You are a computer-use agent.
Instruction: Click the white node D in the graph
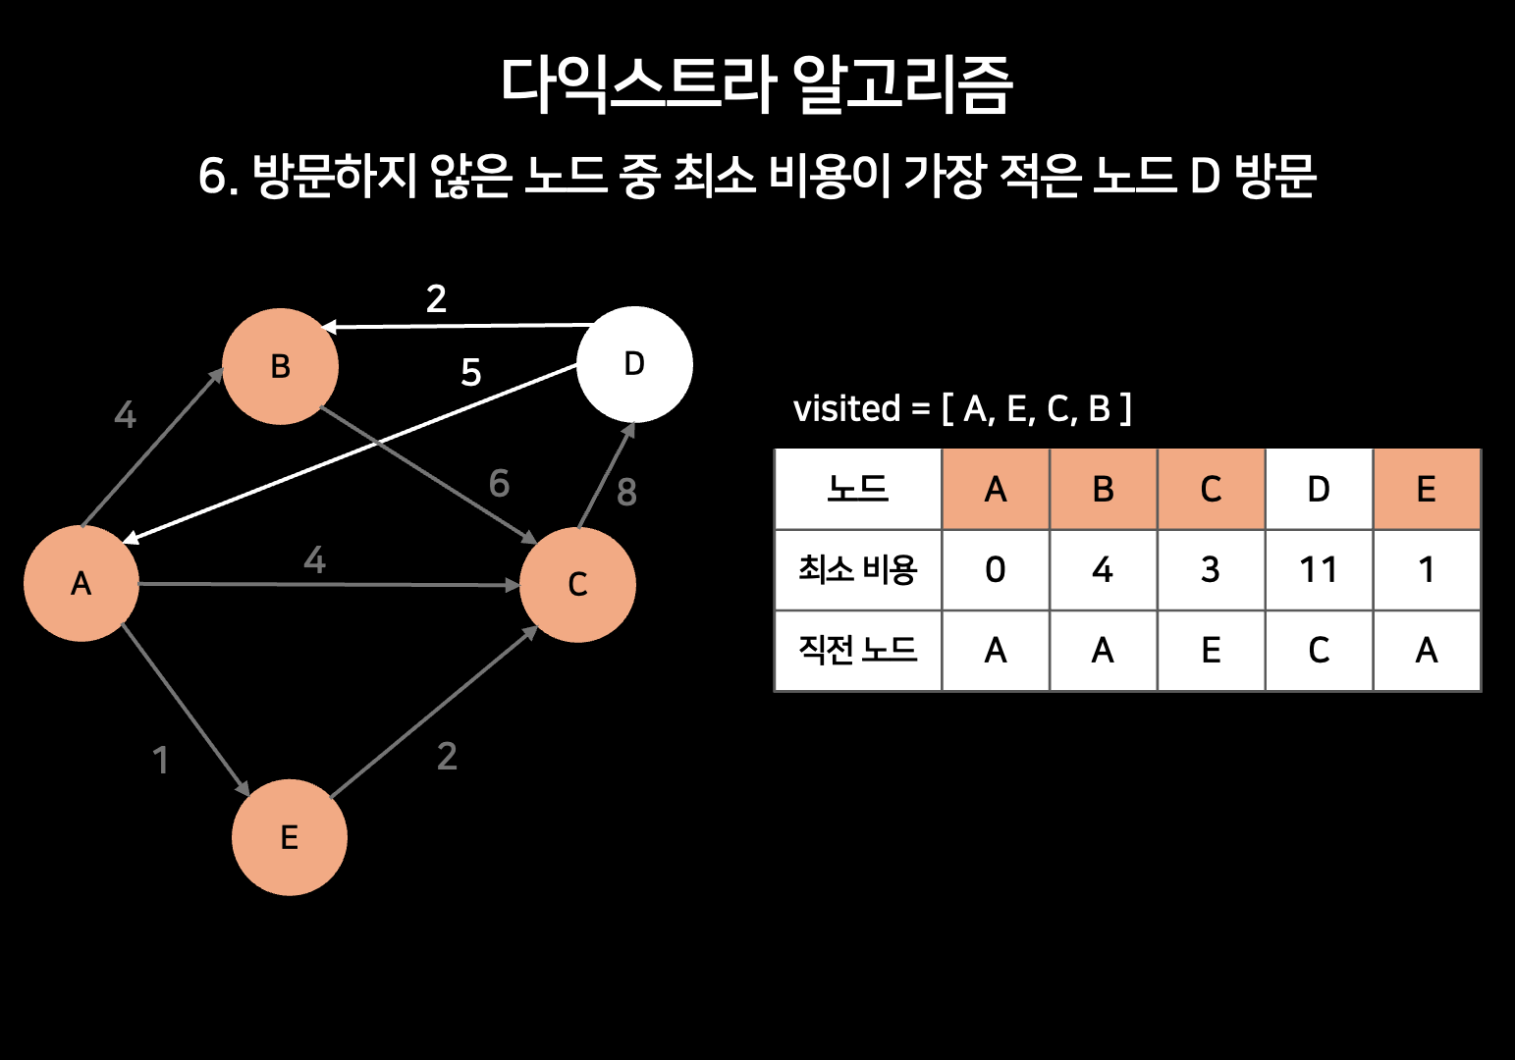pyautogui.click(x=634, y=364)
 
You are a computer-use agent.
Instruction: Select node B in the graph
pyautogui.click(x=281, y=366)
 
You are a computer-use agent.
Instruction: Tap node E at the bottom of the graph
pyautogui.click(x=290, y=837)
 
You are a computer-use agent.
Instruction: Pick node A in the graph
pyautogui.click(x=81, y=583)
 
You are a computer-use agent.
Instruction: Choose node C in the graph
pyautogui.click(x=577, y=584)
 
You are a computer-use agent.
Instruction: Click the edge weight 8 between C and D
pyautogui.click(x=626, y=492)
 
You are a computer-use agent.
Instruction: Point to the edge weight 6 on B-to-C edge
pyautogui.click(x=499, y=483)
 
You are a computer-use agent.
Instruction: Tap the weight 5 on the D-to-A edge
pyautogui.click(x=471, y=373)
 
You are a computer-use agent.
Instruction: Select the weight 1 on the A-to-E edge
pyautogui.click(x=161, y=760)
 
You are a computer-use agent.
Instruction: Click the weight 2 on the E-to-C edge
pyautogui.click(x=447, y=756)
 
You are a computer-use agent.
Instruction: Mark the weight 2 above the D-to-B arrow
pyautogui.click(x=436, y=298)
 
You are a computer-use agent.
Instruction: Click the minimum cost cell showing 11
pyautogui.click(x=1319, y=570)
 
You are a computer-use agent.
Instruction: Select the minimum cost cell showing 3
pyautogui.click(x=1211, y=570)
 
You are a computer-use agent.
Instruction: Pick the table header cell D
pyautogui.click(x=1319, y=489)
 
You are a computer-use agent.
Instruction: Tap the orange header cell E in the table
pyautogui.click(x=1427, y=489)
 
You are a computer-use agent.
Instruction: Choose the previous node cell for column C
pyautogui.click(x=1211, y=651)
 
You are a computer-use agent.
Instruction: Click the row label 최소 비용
pyautogui.click(x=857, y=570)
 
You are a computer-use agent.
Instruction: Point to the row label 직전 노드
pyautogui.click(x=857, y=651)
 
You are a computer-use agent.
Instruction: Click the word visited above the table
pyautogui.click(x=846, y=408)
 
